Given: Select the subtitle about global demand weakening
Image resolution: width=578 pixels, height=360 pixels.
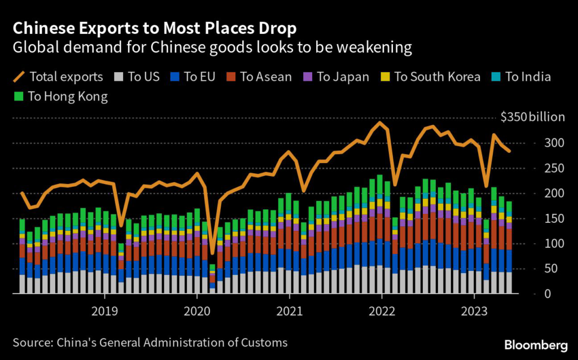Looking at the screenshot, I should tap(212, 47).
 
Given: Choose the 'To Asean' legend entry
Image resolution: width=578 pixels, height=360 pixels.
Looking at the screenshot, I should tap(258, 76).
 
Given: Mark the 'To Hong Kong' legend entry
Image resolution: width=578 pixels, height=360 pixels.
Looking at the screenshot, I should tap(60, 96).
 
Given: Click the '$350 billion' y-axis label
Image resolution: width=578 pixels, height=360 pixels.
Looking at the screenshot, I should tap(532, 117).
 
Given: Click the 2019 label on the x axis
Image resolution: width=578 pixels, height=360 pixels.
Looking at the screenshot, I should tap(104, 310).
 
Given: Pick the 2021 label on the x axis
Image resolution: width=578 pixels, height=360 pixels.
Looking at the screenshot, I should tap(289, 310).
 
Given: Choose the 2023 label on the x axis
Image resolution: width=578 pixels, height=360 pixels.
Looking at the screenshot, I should tap(474, 310).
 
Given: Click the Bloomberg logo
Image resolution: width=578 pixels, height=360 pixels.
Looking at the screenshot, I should tap(536, 344).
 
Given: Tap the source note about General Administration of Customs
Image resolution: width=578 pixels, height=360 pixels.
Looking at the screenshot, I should tap(150, 342).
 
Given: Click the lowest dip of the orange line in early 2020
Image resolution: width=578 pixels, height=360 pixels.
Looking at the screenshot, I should tap(213, 253).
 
